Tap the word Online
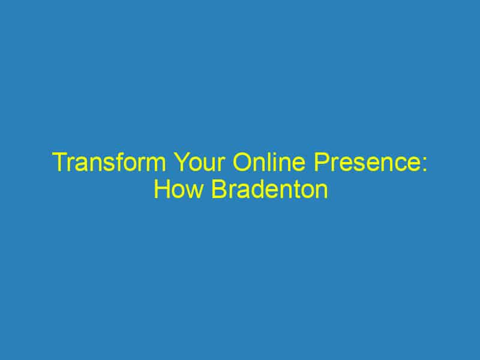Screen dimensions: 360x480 coord(261,163)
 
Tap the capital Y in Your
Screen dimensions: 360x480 coord(176,163)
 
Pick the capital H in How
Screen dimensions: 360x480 coord(161,190)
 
